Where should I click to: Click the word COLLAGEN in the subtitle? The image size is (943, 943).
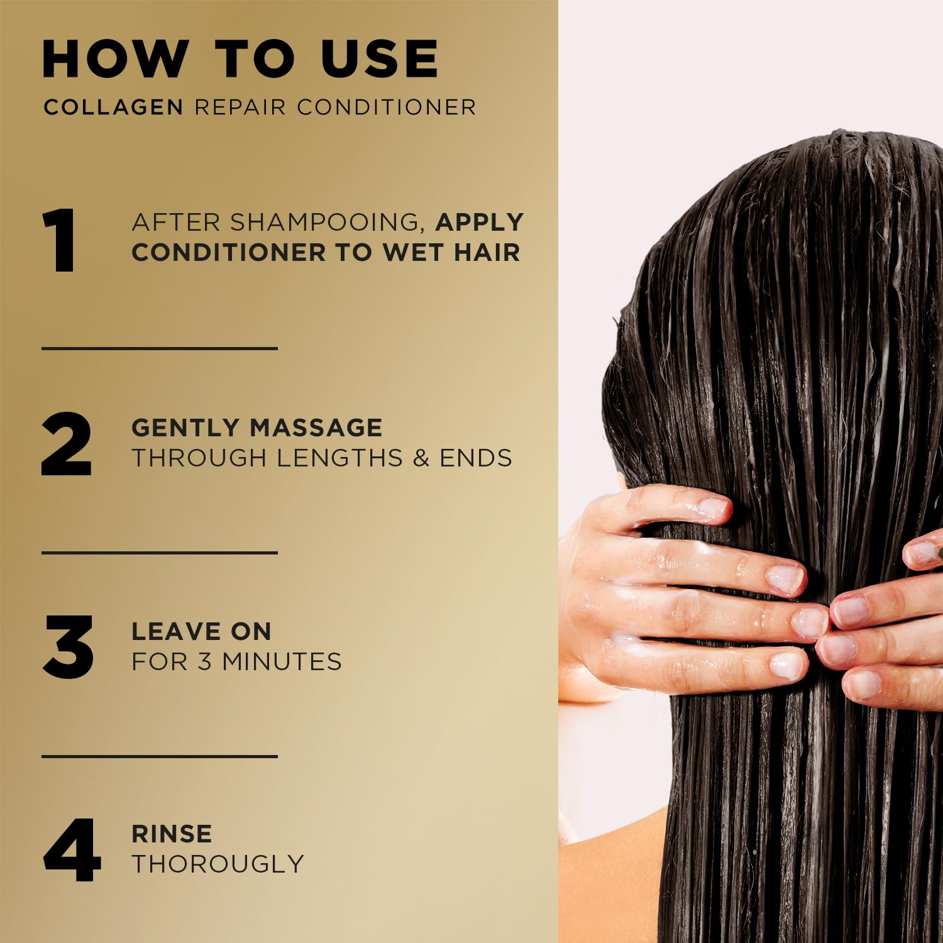(113, 107)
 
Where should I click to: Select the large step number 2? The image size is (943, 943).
(67, 444)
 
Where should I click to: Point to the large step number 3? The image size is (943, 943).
(68, 647)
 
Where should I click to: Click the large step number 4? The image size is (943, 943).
(72, 850)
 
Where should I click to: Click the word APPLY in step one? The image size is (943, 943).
(480, 222)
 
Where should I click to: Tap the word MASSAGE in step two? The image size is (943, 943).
(316, 427)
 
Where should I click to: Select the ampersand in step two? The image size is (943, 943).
(421, 458)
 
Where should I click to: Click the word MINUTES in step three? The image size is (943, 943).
(282, 661)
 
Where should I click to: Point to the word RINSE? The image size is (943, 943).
(172, 834)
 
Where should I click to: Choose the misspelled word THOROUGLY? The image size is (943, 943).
(218, 864)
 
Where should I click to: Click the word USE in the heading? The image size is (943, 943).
(379, 59)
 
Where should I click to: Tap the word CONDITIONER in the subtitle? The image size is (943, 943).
(386, 107)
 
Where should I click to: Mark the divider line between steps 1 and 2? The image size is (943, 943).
(160, 348)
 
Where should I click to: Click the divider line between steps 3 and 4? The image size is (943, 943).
(160, 756)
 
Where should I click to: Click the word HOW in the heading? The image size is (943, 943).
(115, 59)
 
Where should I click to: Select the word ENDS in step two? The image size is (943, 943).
(476, 458)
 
